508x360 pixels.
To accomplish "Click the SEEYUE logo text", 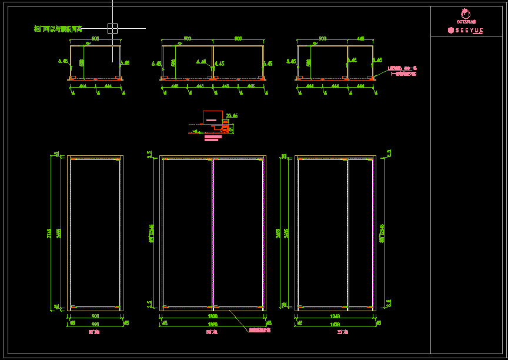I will [x=466, y=30].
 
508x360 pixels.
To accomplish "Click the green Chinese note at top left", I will [x=58, y=28].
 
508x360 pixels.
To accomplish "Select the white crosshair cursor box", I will [x=112, y=28].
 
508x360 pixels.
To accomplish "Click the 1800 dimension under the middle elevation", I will [x=212, y=316].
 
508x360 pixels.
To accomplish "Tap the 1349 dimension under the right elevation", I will [x=335, y=316].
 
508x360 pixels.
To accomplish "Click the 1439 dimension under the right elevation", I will [x=335, y=324].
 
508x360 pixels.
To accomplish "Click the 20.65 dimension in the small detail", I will [x=232, y=116].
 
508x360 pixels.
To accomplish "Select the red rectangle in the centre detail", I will [x=212, y=117].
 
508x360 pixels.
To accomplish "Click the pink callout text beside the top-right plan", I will [x=403, y=71].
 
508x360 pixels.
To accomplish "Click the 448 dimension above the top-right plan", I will [x=360, y=39].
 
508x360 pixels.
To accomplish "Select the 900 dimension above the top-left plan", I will [x=95, y=39].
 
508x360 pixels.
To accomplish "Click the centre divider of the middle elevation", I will [x=213, y=234].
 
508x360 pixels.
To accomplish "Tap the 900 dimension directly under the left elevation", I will [x=95, y=316].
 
